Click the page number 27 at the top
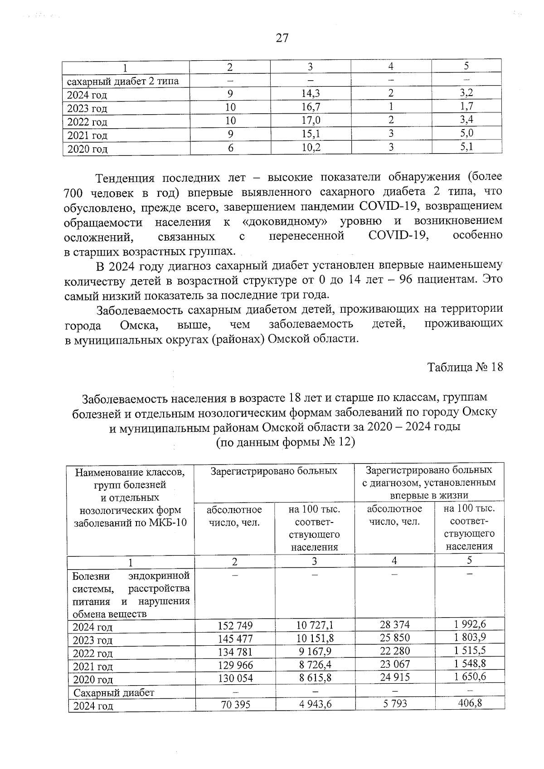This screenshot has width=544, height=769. tap(282, 38)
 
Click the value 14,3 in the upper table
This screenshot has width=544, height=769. tap(310, 94)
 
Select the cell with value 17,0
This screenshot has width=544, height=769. tap(310, 121)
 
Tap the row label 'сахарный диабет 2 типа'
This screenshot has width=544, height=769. tap(123, 82)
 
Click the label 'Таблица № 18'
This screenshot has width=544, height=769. tap(465, 367)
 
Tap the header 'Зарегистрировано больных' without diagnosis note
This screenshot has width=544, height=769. tap(274, 471)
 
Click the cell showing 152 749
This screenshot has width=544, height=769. tap(235, 626)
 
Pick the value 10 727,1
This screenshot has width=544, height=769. tap(315, 625)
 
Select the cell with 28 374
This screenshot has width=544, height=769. tap(394, 624)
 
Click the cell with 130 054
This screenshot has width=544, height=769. tap(235, 678)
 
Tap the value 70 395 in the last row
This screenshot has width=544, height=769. tap(235, 705)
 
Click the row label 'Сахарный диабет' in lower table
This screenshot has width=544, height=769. tap(114, 692)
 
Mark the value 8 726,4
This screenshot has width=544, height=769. tap(315, 665)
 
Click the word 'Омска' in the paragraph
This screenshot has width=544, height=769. tap(139, 325)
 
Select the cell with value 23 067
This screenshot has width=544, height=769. tap(394, 664)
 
